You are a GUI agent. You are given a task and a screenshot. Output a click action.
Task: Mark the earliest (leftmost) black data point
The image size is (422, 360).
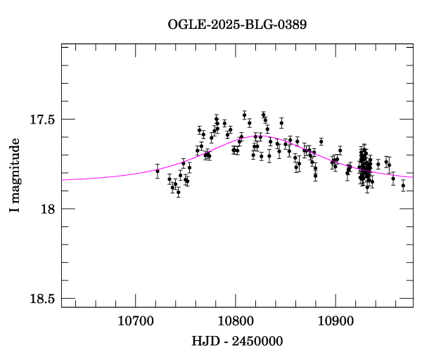click(158, 171)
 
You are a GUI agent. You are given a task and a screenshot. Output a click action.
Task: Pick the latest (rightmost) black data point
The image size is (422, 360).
click(403, 186)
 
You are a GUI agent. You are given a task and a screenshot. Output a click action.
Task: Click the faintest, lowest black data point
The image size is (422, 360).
click(178, 192)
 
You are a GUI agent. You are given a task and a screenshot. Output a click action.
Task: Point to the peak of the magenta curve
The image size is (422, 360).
click(252, 136)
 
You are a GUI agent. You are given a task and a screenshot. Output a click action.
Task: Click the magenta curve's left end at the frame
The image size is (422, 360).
click(62, 180)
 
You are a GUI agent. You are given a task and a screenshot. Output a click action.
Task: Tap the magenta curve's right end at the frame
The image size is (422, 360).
click(413, 176)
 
